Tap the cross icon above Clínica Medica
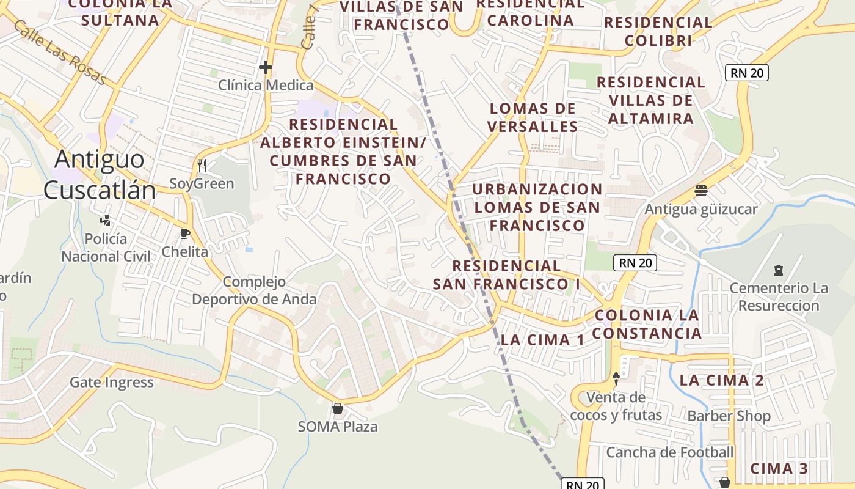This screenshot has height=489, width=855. coord(266,67)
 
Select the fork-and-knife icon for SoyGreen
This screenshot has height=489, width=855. coord(202,165)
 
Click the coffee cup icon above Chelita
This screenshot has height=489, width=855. coord(185,233)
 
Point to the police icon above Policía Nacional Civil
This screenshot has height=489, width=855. coord(106,220)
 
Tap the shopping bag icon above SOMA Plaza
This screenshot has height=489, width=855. coord(337,408)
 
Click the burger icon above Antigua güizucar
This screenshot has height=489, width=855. coord(700,191)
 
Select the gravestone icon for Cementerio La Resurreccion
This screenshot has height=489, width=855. coord(778,269)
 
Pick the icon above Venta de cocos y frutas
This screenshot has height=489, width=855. coord(616,379)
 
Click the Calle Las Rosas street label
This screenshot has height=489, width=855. coord(59,53)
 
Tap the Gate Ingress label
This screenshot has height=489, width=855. coord(112,383)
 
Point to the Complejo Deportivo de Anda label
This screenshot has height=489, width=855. coord(254,290)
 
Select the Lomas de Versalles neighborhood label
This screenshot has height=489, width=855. coord(533,117)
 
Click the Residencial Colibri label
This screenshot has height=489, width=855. coord(658,31)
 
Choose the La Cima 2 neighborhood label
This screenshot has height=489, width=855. coord(721,380)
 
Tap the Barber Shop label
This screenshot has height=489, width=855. coord(729,416)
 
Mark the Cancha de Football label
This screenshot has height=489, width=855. coord(669,452)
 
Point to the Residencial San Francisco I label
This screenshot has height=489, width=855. coord(506,275)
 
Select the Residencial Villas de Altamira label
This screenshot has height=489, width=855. coord(651,100)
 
